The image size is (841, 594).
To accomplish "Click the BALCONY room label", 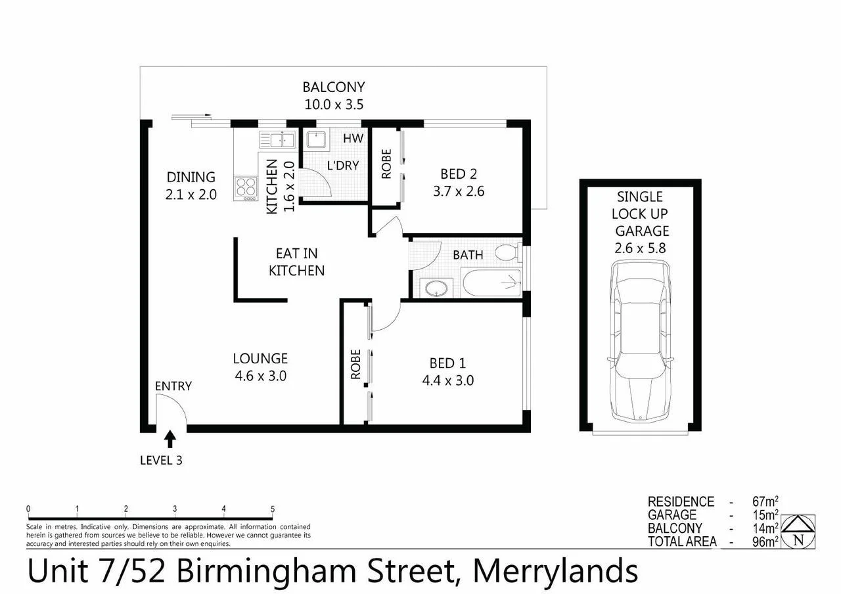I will point(333,87).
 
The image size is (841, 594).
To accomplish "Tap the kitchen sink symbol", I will point(277,139).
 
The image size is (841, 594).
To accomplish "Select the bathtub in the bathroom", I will point(491,284).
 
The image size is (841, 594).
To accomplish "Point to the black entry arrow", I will point(170,438).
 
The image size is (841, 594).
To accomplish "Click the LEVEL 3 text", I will point(161,460).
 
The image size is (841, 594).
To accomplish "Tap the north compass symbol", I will point(799,531).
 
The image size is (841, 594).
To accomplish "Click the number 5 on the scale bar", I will point(272,509).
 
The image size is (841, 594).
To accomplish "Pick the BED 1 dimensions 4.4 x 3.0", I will point(451,380).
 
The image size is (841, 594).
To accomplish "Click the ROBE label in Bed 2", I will point(385,164).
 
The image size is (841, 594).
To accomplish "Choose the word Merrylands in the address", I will point(555,571).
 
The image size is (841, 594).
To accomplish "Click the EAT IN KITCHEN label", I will point(296,262).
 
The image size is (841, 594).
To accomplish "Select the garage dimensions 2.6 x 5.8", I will point(641,248).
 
